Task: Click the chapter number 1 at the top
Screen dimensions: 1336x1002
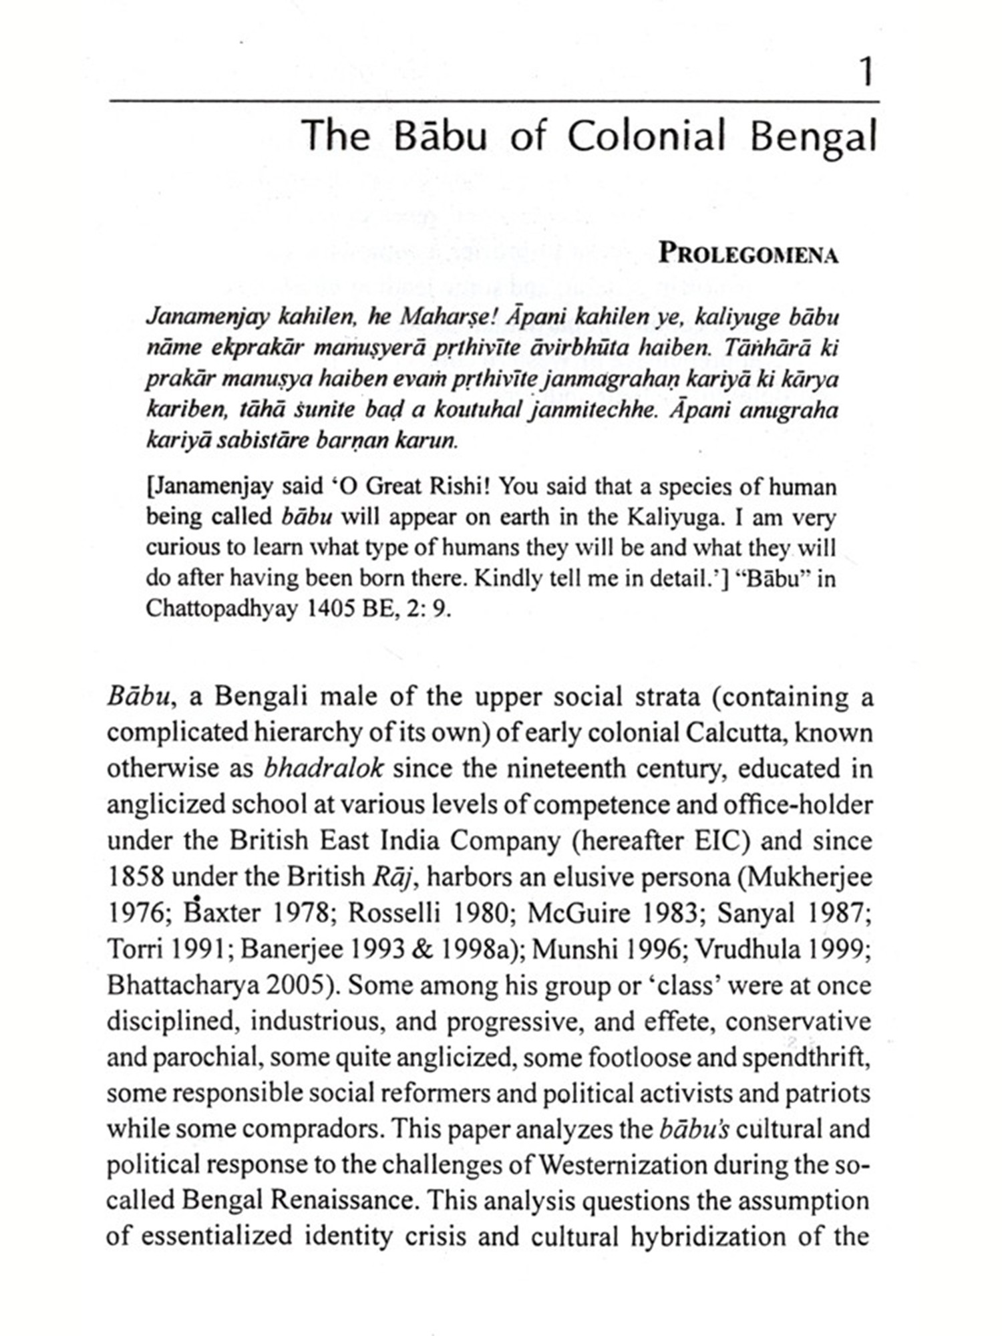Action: pyautogui.click(x=866, y=72)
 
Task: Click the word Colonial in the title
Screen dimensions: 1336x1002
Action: pyautogui.click(x=646, y=136)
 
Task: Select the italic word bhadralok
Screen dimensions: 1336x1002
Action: pyautogui.click(x=323, y=768)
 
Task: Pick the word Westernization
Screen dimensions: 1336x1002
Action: pyautogui.click(x=623, y=1165)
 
